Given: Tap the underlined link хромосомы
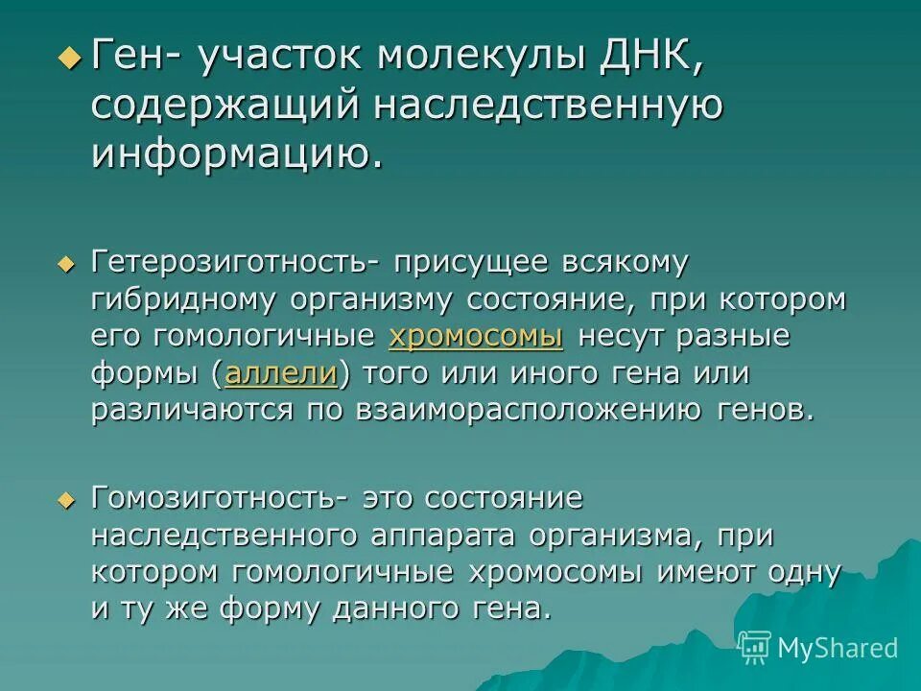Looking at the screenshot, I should point(475,336).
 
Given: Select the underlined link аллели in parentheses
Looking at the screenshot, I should point(281,373).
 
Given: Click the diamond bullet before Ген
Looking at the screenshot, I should point(69,58).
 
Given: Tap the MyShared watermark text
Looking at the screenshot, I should point(838,648).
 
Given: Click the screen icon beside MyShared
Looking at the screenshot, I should point(755,647).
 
